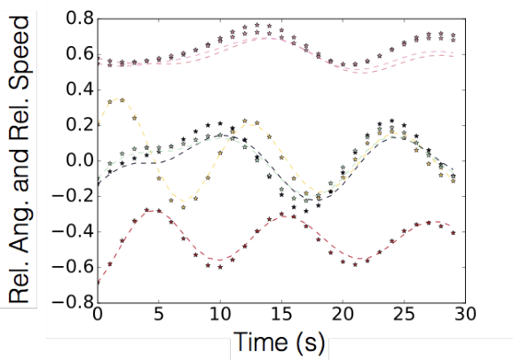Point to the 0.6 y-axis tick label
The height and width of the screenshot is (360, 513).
pos(75,55)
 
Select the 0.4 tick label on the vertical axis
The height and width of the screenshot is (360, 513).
pos(75,90)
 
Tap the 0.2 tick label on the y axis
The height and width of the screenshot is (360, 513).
pos(75,126)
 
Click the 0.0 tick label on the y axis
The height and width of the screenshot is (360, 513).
pos(75,161)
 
